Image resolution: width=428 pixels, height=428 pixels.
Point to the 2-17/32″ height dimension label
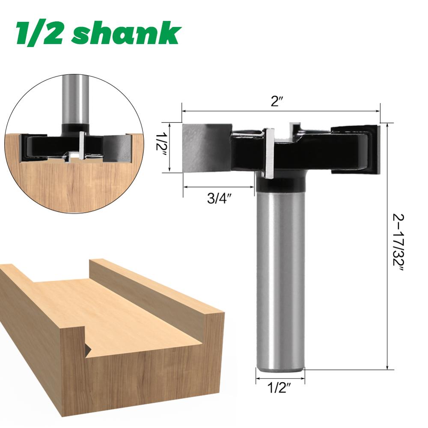(398, 246)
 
